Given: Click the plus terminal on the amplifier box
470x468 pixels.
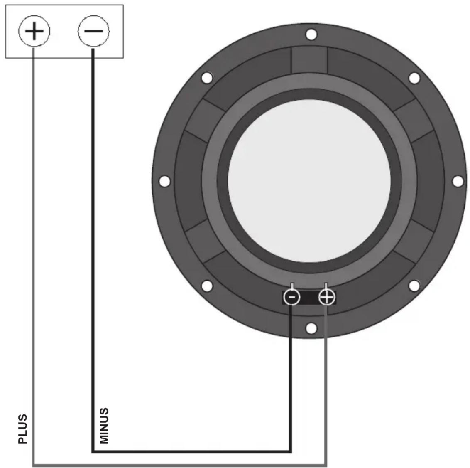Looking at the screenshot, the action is [x=34, y=31].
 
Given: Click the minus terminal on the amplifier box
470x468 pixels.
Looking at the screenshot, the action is [x=93, y=31].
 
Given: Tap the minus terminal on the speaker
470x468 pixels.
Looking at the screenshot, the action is [x=291, y=297].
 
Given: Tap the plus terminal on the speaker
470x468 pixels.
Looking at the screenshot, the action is [x=326, y=297].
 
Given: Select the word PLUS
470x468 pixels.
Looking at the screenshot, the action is [x=23, y=429].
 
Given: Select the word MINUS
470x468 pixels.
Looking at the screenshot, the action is [x=104, y=426].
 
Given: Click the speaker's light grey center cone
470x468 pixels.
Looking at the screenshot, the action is [x=309, y=181].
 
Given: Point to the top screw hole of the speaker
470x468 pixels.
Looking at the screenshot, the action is [x=311, y=34].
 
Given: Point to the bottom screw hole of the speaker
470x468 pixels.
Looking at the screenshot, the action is [x=311, y=328].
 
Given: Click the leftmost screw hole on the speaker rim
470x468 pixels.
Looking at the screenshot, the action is [x=164, y=181].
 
